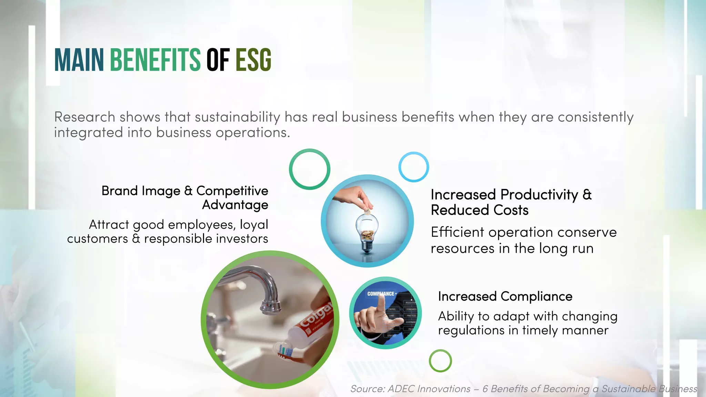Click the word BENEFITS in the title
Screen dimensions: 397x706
click(x=155, y=60)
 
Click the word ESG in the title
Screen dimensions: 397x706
click(x=253, y=60)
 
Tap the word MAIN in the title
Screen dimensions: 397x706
click(x=79, y=60)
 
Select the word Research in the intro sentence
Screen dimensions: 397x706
click(x=84, y=117)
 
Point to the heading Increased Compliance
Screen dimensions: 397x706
click(x=505, y=296)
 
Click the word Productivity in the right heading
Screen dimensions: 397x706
click(x=539, y=195)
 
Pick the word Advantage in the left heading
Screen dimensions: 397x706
click(x=235, y=205)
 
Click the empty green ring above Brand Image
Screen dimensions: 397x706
click(x=310, y=169)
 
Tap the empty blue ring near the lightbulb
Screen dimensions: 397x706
click(x=414, y=167)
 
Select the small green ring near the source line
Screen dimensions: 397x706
click(x=440, y=361)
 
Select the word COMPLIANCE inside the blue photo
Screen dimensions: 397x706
click(x=381, y=294)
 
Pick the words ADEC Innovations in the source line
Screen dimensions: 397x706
click(x=429, y=389)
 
